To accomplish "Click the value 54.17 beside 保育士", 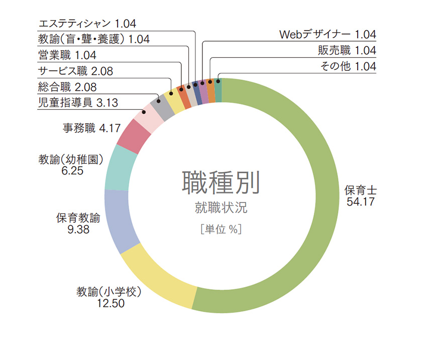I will tap(361, 202).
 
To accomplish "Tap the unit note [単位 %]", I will tap(221, 229).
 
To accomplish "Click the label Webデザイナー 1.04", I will tap(327, 35).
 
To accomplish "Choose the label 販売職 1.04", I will tap(347, 50).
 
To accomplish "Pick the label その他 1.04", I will tap(348, 66).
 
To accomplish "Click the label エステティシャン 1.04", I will tap(87, 23).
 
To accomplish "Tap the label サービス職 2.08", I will tap(75, 71).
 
